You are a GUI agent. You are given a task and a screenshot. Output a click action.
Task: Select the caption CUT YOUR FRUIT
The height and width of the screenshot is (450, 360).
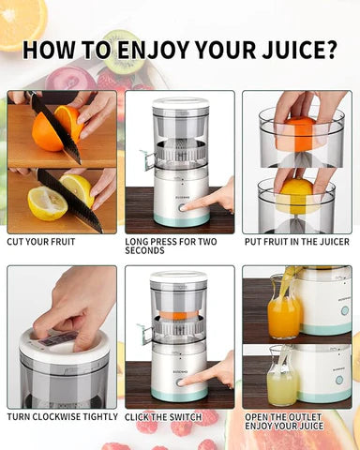pyautogui.click(x=41, y=242)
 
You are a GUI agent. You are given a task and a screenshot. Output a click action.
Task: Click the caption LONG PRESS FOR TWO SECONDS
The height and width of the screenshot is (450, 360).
pyautogui.click(x=171, y=247)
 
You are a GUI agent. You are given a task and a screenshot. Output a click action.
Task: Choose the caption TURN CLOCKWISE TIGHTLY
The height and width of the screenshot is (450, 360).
pyautogui.click(x=62, y=416)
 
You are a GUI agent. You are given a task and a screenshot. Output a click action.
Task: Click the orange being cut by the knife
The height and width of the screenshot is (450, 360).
pyautogui.click(x=52, y=129)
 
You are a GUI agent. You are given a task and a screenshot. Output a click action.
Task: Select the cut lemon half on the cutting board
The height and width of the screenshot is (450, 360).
pyautogui.click(x=47, y=201)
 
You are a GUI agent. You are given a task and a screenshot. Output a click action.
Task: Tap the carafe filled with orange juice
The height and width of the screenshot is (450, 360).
pyautogui.click(x=283, y=312)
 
